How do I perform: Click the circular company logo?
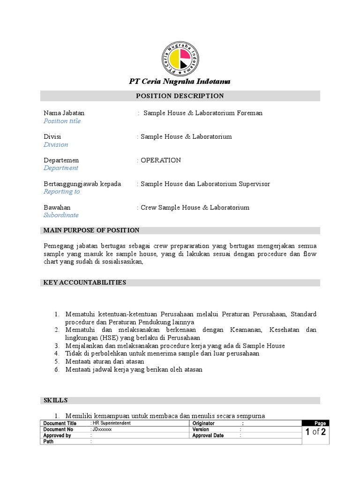pyautogui.click(x=180, y=59)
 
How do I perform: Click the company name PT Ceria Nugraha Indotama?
pyautogui.click(x=180, y=82)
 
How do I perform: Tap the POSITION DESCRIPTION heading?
pyautogui.click(x=180, y=96)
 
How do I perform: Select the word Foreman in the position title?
pyautogui.click(x=250, y=113)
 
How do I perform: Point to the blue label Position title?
pyautogui.click(x=62, y=121)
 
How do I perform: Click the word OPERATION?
pyautogui.click(x=161, y=160)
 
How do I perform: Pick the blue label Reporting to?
pyautogui.click(x=61, y=192)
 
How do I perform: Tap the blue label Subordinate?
pyautogui.click(x=61, y=215)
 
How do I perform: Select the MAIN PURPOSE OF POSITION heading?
pyautogui.click(x=91, y=230)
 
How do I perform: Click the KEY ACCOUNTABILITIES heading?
pyautogui.click(x=85, y=283)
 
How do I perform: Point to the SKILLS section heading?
pyautogui.click(x=56, y=400)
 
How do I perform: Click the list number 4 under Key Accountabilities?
pyautogui.click(x=56, y=353)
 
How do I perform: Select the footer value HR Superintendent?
pyautogui.click(x=112, y=423)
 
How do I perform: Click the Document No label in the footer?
pyautogui.click(x=58, y=429)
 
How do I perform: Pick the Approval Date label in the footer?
pyautogui.click(x=208, y=435)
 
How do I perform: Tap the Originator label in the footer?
pyautogui.click(x=203, y=423)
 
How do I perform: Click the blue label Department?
pyautogui.click(x=61, y=168)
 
